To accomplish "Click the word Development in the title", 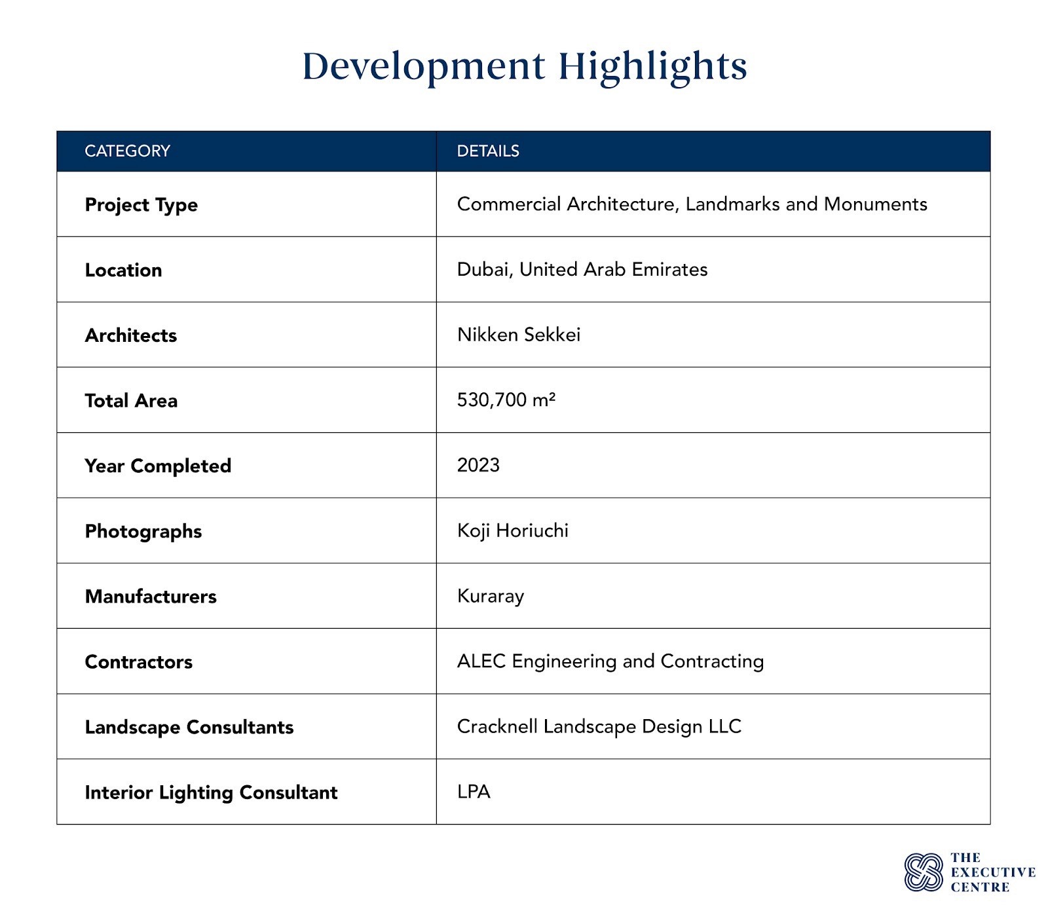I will point(423,66).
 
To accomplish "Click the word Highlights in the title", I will point(652,66).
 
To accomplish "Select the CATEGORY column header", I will point(127,151).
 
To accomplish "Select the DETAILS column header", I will point(488,151).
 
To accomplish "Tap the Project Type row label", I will point(141,205).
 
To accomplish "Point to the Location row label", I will point(123,270).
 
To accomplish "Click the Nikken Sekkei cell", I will point(519,335).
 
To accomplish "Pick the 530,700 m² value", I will point(506,400).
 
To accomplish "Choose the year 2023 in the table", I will point(478,465).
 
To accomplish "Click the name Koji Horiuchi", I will point(513,530).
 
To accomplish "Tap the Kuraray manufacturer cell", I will point(491,596).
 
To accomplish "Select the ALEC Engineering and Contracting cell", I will point(610,661).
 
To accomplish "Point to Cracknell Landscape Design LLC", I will point(599,726).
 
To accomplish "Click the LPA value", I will point(474,792).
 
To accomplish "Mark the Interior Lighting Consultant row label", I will point(211,792).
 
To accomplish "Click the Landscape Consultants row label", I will point(189,727).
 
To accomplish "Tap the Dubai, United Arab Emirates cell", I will point(582,269).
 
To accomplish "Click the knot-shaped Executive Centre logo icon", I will point(924,872).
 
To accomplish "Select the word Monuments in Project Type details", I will point(875,204).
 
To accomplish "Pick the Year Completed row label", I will point(158,466).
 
